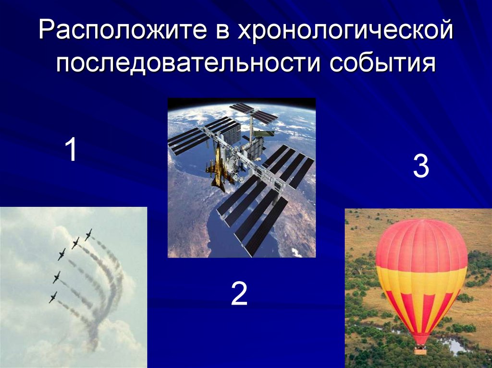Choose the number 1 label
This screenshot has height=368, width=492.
pos(72,149)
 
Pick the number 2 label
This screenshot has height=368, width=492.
pos(239,294)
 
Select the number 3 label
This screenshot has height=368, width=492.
pos(420,167)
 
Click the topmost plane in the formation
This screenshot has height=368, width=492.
pos(88,234)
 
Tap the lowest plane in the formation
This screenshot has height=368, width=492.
pos(53,297)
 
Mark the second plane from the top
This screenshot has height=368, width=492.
pos(75,243)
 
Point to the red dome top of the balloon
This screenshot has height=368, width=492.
pos(421,240)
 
